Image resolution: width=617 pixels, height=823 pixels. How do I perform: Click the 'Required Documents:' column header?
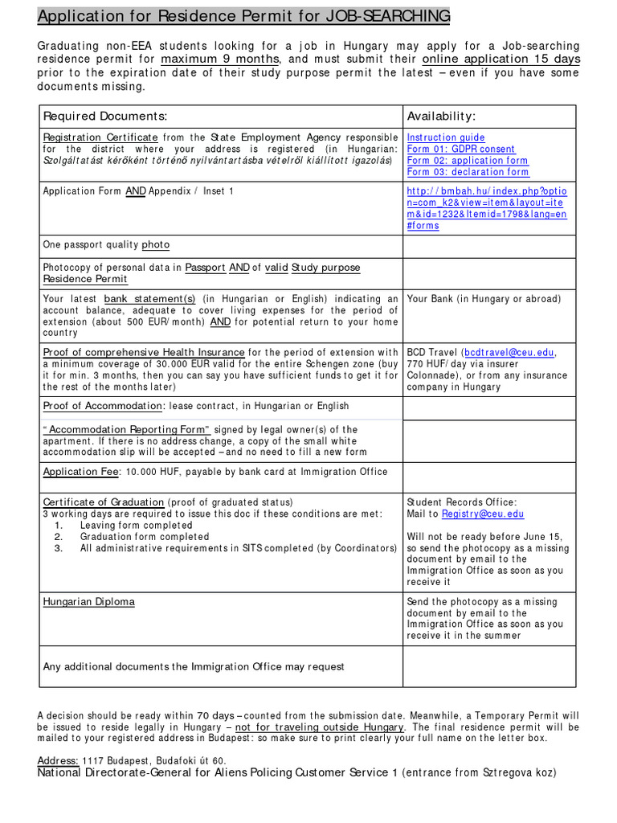click(x=104, y=117)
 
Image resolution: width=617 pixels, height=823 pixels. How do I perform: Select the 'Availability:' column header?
click(x=441, y=117)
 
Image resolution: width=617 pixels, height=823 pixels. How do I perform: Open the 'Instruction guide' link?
click(x=446, y=137)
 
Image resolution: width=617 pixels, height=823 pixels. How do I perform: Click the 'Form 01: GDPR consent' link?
click(x=461, y=149)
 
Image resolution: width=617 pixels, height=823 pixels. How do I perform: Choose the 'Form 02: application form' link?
click(x=468, y=161)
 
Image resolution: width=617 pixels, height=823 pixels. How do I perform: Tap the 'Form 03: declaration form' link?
click(x=468, y=172)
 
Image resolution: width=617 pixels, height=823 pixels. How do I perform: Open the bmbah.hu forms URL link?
click(x=487, y=208)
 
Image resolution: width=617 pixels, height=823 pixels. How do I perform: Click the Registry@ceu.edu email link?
click(x=482, y=514)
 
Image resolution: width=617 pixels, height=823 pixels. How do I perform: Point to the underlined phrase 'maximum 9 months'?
click(x=220, y=59)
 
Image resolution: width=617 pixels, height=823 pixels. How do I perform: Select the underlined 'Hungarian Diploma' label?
click(x=88, y=601)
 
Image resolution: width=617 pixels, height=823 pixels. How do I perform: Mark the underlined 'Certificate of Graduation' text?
click(x=104, y=502)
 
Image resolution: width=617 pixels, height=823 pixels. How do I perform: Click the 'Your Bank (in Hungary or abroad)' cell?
click(x=484, y=299)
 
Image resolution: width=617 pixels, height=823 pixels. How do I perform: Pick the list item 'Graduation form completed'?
click(x=145, y=536)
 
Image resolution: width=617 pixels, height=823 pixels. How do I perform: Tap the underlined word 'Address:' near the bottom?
click(x=58, y=760)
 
